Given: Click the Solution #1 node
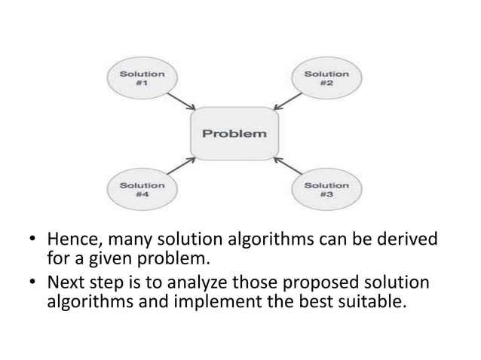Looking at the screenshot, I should (x=142, y=80).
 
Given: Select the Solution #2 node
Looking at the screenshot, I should (x=326, y=80).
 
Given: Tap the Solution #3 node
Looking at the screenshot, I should (x=326, y=190).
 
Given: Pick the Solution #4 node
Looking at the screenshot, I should (x=142, y=190).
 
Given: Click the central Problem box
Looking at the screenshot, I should (x=234, y=134).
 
